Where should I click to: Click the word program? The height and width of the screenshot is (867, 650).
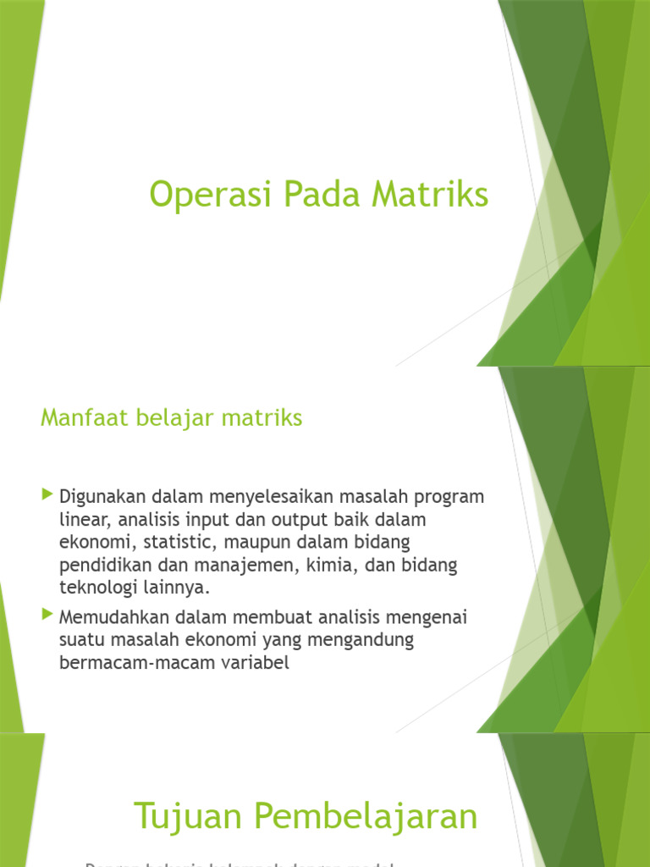[445, 495]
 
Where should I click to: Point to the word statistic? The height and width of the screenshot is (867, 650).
[185, 541]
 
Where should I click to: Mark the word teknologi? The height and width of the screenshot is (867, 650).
[99, 588]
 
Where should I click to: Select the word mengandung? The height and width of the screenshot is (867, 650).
[361, 640]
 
